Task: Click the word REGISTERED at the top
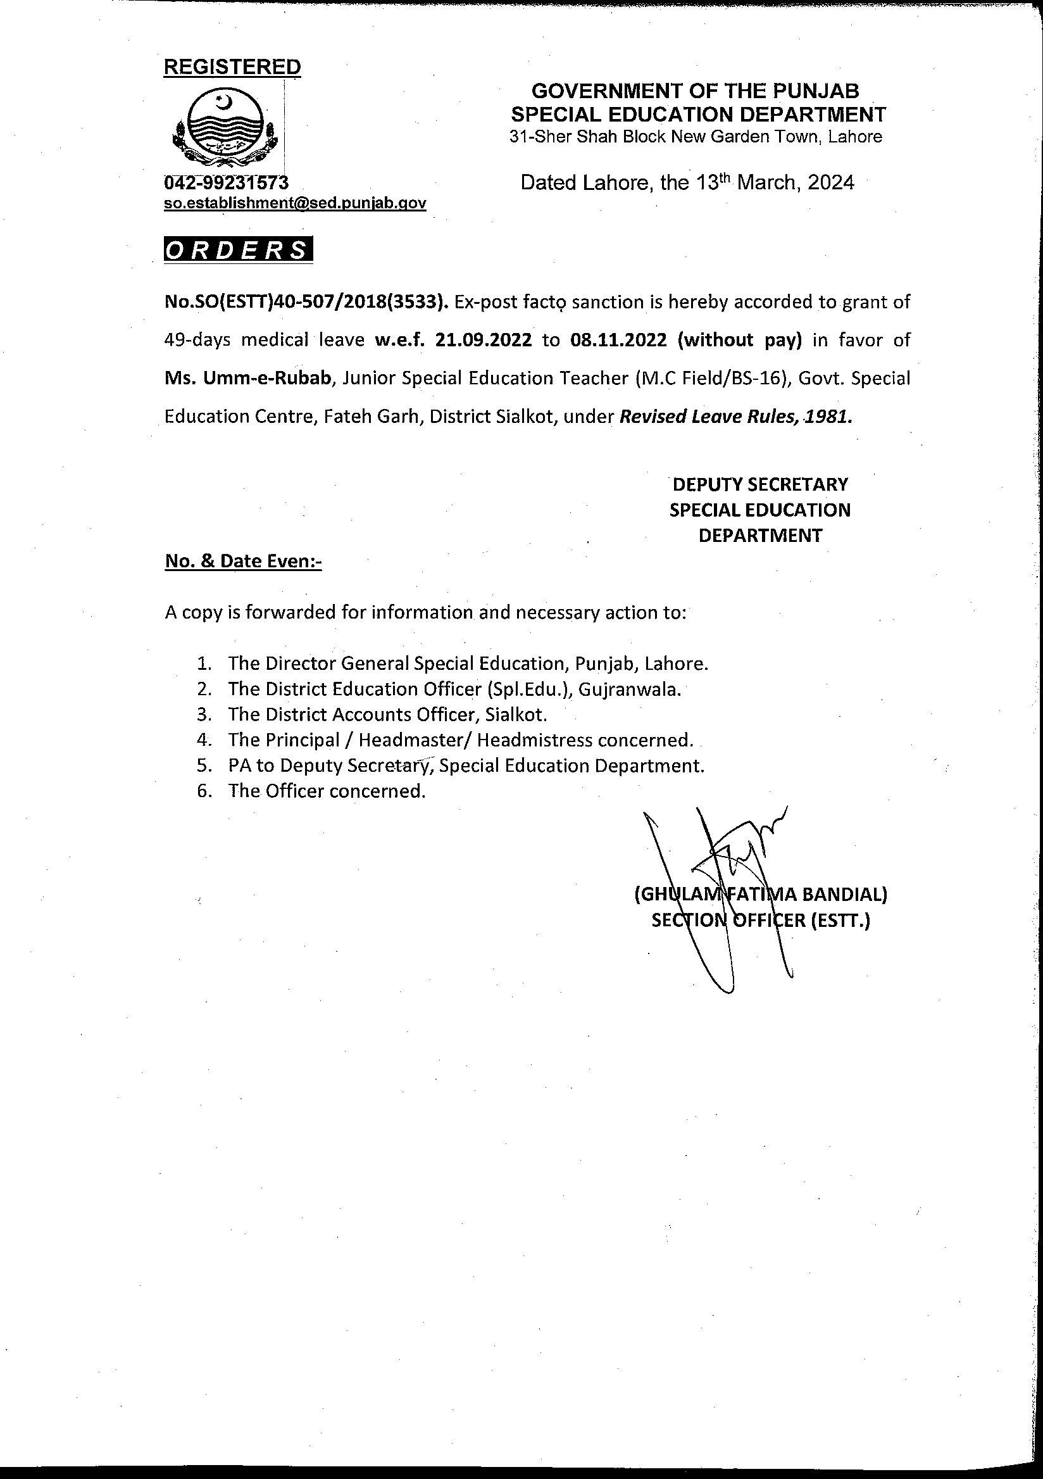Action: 232,66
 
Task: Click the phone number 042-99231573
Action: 226,183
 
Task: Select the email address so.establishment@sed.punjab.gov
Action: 295,204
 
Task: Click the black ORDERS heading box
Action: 238,251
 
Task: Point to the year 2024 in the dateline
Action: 830,183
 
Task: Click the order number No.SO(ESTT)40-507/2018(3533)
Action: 306,302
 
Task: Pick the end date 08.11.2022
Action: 618,340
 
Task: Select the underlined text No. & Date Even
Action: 243,562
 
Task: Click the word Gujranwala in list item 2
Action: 628,689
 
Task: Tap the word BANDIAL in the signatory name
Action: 844,894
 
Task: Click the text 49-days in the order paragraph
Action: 197,340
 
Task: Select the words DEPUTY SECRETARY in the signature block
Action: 759,484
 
